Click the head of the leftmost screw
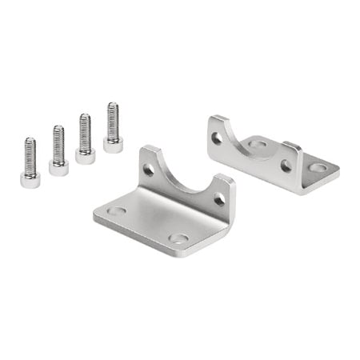pyautogui.click(x=30, y=180)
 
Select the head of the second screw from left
pyautogui.click(x=58, y=168)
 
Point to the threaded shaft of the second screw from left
pyautogui.click(x=58, y=143)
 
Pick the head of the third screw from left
pyautogui.click(x=86, y=156)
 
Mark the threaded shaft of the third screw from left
pyautogui.click(x=85, y=132)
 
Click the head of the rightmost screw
pyautogui.click(x=113, y=145)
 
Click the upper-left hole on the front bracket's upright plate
pyautogui.click(x=149, y=170)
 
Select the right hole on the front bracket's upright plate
pyautogui.click(x=218, y=199)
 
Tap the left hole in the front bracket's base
pyautogui.click(x=117, y=211)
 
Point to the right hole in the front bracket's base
pyautogui.click(x=179, y=238)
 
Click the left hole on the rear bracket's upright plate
pyautogui.click(x=217, y=138)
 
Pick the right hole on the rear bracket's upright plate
pyautogui.click(x=286, y=166)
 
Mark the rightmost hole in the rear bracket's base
pyautogui.click(x=318, y=168)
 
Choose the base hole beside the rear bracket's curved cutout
pyautogui.click(x=258, y=144)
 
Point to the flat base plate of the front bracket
pyautogui.click(x=148, y=220)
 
